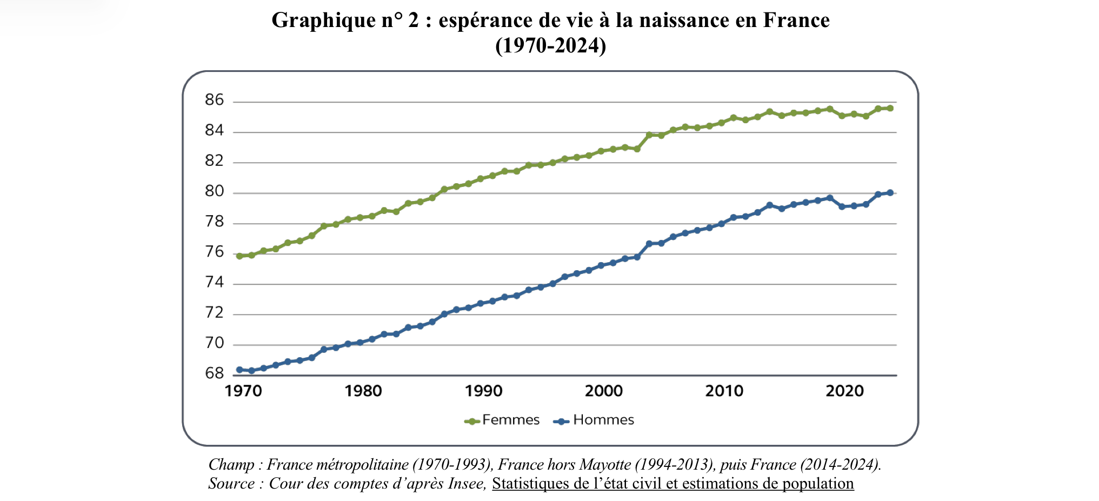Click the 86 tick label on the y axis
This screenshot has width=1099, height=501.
click(214, 100)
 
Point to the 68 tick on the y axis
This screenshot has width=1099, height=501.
click(214, 373)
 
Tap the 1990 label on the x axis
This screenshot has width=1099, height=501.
click(483, 391)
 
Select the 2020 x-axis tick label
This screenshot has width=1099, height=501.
click(844, 391)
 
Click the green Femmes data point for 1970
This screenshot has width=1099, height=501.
click(239, 256)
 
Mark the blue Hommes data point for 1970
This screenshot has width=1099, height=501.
click(239, 370)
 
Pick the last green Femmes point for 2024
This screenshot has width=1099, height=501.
click(890, 108)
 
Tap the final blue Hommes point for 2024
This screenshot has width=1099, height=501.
click(890, 192)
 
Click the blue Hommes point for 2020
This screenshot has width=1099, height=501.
click(842, 206)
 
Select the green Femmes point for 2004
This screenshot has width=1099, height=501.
click(649, 135)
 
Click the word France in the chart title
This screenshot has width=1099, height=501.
click(796, 20)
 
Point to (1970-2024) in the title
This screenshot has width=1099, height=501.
click(550, 45)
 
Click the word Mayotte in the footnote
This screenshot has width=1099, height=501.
click(604, 464)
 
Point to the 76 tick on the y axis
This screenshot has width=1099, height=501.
click(214, 252)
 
